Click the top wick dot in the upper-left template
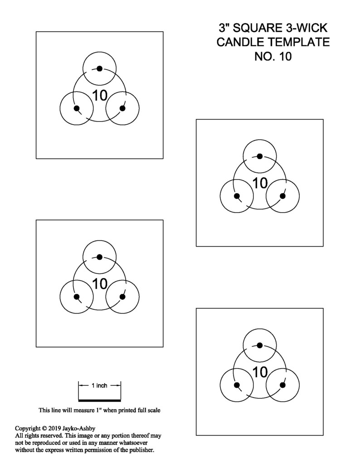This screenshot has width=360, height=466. click(100, 68)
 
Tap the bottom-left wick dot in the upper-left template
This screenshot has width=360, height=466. click(77, 108)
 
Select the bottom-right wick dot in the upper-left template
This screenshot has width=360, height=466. click(122, 108)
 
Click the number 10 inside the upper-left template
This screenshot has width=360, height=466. click(100, 95)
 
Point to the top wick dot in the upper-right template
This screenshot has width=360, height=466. click(259, 156)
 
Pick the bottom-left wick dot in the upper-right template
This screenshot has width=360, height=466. click(237, 196)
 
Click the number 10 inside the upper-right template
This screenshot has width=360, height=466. click(260, 183)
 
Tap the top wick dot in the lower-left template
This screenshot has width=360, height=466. click(100, 257)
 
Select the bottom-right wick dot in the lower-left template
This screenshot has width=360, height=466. click(122, 296)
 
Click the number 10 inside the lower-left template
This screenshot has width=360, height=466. click(100, 284)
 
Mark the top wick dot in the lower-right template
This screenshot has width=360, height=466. click(259, 345)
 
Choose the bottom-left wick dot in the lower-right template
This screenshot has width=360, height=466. click(237, 385)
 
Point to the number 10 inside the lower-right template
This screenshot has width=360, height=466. click(260, 372)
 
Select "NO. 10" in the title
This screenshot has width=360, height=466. click(273, 56)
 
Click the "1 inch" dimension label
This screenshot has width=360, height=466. click(99, 385)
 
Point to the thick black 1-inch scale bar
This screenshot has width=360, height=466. click(100, 400)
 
